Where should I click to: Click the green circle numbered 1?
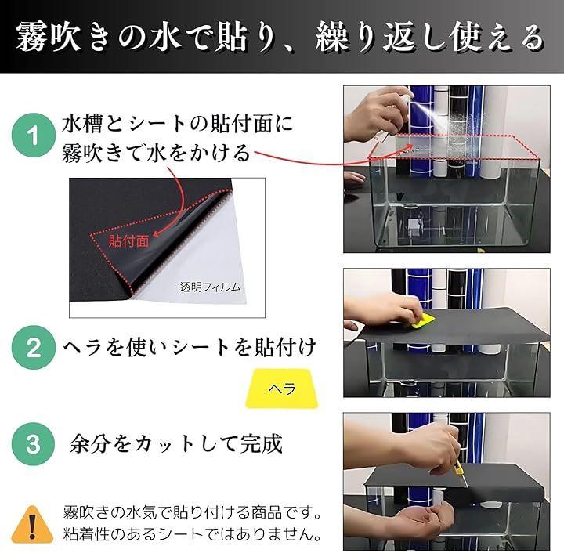34,136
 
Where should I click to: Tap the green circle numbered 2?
34,348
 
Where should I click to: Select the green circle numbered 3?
34,444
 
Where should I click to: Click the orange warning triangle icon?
32,526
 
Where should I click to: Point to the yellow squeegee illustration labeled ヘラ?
282,389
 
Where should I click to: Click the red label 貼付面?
128,241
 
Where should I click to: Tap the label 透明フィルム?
210,287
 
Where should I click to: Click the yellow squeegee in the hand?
424,321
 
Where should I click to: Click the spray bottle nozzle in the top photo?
408,96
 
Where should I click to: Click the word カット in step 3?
165,444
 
